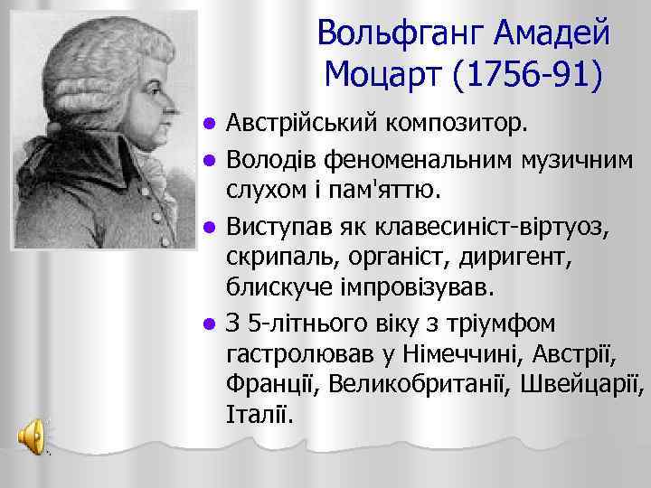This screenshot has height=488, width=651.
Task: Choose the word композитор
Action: coord(461,123)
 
